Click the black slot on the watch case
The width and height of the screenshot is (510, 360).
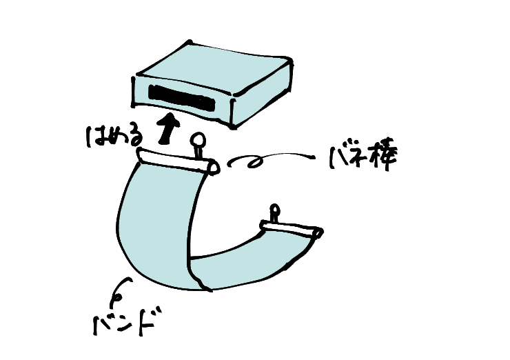[x=181, y=98]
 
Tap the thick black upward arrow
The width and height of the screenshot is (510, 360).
[x=168, y=128]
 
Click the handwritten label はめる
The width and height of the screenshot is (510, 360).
[x=114, y=136]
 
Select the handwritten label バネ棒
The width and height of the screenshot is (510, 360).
[x=363, y=157]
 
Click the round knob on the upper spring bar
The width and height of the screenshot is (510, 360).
[x=198, y=141]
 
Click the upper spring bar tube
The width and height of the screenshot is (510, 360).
[x=178, y=161]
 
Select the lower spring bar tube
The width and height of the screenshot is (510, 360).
[x=292, y=229]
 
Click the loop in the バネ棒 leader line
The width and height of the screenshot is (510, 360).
[x=255, y=162]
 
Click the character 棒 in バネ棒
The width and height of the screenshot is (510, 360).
[x=383, y=157]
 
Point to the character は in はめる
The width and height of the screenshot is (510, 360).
[x=94, y=137]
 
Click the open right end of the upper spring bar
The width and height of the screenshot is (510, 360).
[x=214, y=168]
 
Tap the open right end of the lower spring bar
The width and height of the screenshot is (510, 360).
[x=318, y=233]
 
